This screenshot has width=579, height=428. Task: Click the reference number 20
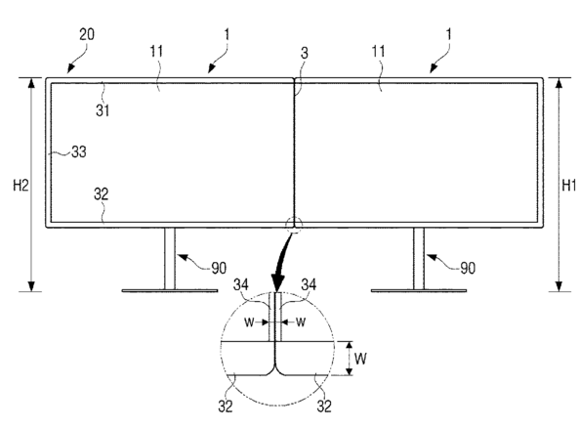pyautogui.click(x=87, y=34)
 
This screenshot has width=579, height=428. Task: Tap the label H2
pyautogui.click(x=21, y=185)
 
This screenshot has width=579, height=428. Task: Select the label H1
pyautogui.click(x=568, y=185)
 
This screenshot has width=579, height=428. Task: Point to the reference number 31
pyautogui.click(x=103, y=110)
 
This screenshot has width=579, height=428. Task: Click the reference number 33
pyautogui.click(x=79, y=151)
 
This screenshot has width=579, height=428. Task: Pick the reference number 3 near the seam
pyautogui.click(x=304, y=53)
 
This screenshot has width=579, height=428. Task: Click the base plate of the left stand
pyautogui.click(x=170, y=291)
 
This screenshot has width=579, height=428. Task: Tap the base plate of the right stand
pyautogui.click(x=419, y=291)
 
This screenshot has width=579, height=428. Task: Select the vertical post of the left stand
pyautogui.click(x=170, y=258)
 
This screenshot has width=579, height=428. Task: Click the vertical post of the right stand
pyautogui.click(x=419, y=258)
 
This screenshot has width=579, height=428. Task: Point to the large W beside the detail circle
pyautogui.click(x=360, y=359)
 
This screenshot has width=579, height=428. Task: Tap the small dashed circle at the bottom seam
pyautogui.click(x=294, y=225)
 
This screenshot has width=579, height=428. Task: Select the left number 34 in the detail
pyautogui.click(x=241, y=284)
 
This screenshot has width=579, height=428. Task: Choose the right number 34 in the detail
pyautogui.click(x=309, y=284)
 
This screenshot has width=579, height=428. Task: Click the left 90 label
pyautogui.click(x=219, y=269)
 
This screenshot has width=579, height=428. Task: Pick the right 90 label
pyautogui.click(x=468, y=269)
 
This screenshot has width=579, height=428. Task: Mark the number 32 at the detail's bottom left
pyautogui.click(x=226, y=407)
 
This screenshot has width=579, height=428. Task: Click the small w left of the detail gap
pyautogui.click(x=249, y=322)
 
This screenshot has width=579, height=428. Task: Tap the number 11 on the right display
pyautogui.click(x=378, y=51)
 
